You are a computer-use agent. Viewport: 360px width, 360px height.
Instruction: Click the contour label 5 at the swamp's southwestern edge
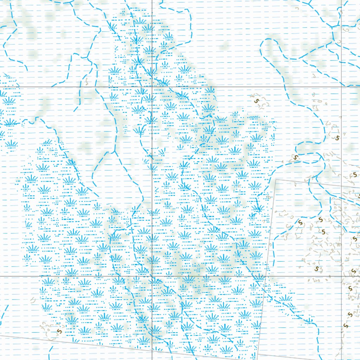point(59,331)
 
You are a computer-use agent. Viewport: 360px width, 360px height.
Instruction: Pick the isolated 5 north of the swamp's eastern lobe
point(256,101)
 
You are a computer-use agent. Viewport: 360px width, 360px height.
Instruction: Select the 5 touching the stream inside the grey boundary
point(300,223)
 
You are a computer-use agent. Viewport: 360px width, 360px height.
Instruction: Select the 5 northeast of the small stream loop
point(337,138)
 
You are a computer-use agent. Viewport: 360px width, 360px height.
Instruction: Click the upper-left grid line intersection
point(152,86)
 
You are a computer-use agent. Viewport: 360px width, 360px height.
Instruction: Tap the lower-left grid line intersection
point(152,276)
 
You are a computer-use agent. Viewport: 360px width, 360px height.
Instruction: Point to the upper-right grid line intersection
point(342,86)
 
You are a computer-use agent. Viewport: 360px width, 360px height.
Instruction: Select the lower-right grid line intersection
point(342,276)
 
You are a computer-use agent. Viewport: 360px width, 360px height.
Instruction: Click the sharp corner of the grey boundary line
point(276,179)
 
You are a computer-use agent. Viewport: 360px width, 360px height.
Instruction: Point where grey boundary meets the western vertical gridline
point(152,350)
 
